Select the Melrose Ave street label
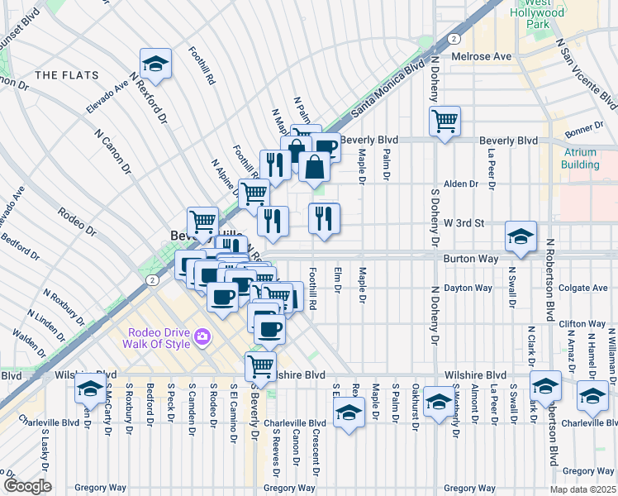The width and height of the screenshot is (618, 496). (483, 56)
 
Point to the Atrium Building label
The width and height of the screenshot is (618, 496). (581, 158)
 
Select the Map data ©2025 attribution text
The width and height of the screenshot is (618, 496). (582, 489)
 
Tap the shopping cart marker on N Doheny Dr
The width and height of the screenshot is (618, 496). (444, 122)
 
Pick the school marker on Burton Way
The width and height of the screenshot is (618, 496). (521, 236)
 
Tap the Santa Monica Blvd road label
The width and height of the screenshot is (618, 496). (382, 90)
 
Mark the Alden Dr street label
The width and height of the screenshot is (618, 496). (461, 184)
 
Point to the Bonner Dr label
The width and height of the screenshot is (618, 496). (583, 134)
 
